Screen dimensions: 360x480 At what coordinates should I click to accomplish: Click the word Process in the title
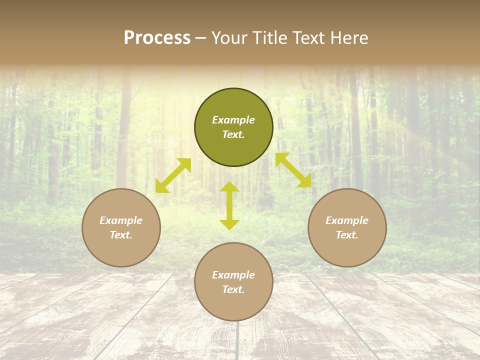[157, 38]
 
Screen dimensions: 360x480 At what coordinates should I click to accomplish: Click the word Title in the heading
[268, 38]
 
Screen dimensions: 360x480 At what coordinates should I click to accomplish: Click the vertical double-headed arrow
[229, 205]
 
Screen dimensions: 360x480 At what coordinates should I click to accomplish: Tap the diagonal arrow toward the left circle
[173, 175]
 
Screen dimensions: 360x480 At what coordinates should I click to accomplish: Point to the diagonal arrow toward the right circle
[293, 170]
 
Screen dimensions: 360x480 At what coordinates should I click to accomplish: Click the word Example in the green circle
[233, 120]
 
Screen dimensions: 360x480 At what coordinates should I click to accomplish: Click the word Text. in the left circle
[121, 235]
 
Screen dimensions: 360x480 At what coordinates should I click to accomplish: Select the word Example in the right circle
[347, 220]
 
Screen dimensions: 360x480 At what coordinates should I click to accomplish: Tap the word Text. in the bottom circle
[233, 289]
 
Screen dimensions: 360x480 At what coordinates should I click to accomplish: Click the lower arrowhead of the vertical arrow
[229, 224]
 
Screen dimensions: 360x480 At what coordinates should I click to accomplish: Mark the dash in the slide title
[200, 38]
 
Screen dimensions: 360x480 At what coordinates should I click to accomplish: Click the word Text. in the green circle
[233, 134]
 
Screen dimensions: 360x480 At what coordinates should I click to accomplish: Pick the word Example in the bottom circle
[233, 275]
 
